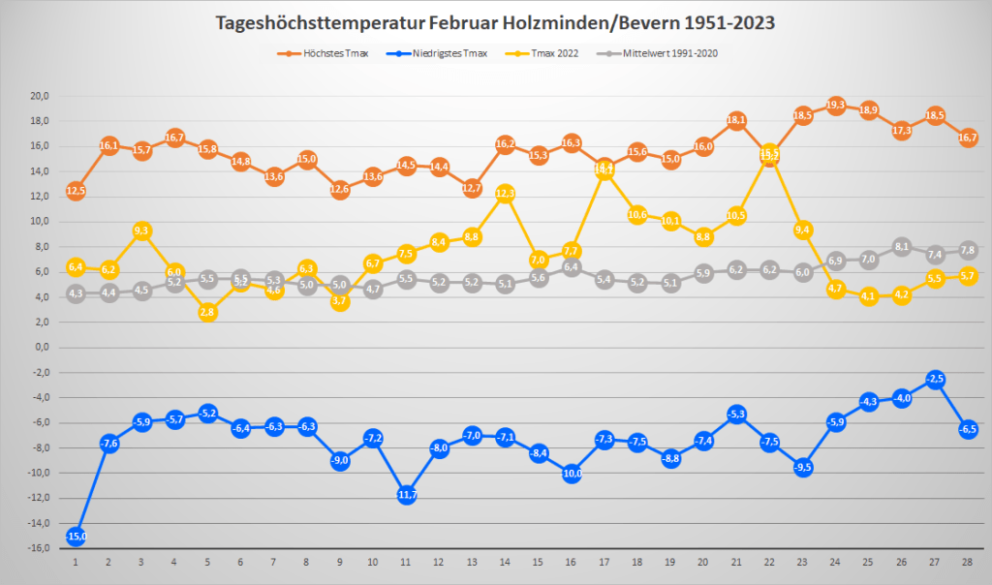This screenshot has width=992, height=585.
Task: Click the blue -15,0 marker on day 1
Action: point(77,536)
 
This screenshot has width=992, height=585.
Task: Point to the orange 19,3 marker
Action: point(836,105)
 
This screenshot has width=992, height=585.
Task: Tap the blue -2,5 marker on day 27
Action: point(935,379)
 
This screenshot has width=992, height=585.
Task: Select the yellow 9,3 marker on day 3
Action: point(142,231)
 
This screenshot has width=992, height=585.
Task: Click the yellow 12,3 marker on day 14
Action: point(506,193)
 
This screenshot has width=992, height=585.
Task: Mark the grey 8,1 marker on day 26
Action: point(902,246)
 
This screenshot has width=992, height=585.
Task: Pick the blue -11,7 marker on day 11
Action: point(407,494)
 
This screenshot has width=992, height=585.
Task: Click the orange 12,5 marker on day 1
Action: point(77,190)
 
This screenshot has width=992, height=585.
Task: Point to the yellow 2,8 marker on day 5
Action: point(208,312)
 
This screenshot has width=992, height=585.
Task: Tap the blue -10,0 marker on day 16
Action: point(572,473)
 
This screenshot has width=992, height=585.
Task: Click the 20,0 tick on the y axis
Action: point(41,97)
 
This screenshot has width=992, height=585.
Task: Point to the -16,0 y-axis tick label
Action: point(40,548)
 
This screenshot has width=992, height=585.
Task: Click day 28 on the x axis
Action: point(968,562)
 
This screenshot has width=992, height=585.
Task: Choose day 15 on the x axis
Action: point(539,562)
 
